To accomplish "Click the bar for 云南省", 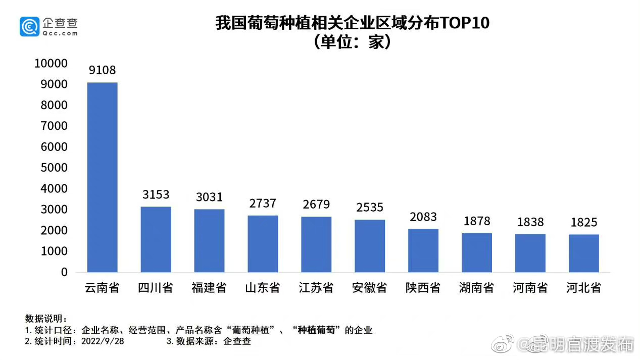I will (x=103, y=177).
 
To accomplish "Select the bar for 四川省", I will (x=156, y=239).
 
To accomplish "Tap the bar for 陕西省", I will (x=423, y=250).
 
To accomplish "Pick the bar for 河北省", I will (x=584, y=253).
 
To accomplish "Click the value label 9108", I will (x=103, y=70).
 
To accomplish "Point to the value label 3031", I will (x=209, y=197).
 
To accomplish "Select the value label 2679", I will (x=316, y=204).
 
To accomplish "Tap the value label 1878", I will (x=477, y=221).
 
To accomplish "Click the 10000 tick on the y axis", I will (x=51, y=64).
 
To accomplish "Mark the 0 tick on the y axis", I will (x=64, y=272).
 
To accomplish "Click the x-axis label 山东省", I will (x=263, y=288).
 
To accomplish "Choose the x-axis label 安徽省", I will (x=370, y=288).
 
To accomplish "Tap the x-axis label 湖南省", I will (x=477, y=288).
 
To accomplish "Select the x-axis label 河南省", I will (x=530, y=288).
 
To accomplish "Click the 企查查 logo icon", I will (x=29, y=26).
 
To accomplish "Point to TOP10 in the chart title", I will (x=465, y=24).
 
